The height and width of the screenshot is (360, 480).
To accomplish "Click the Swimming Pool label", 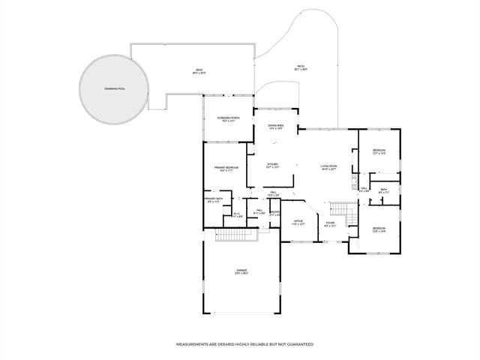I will pos(115,89).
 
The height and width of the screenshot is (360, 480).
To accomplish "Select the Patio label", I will pos(300,67).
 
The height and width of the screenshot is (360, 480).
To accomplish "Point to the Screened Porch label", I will pos(228,119).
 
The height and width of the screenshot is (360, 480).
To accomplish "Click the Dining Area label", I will pos(275,127).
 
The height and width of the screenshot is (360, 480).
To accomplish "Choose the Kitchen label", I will pos(273,165).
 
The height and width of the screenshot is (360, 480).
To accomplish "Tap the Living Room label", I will pos(328,167).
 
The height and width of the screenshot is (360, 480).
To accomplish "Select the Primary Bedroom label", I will pos(226,169).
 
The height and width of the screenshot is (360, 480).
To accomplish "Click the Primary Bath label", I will pos(214,200).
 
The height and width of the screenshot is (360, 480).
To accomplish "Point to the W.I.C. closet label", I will pos(237,215).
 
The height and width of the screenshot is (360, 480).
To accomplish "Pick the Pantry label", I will pos(274,214).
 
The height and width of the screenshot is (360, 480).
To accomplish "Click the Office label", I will pos(298,222).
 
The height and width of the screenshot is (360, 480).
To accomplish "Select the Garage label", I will pos(241,271).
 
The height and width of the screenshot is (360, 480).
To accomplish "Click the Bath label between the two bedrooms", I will pos(384,191).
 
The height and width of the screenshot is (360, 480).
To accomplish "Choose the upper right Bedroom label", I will pos(379,152).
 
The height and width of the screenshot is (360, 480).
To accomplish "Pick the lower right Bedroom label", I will pos(379,229).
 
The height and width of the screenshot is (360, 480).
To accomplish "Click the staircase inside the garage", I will pos(236,236).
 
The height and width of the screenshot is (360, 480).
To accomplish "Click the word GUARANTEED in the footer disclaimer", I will pos(297,343).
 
